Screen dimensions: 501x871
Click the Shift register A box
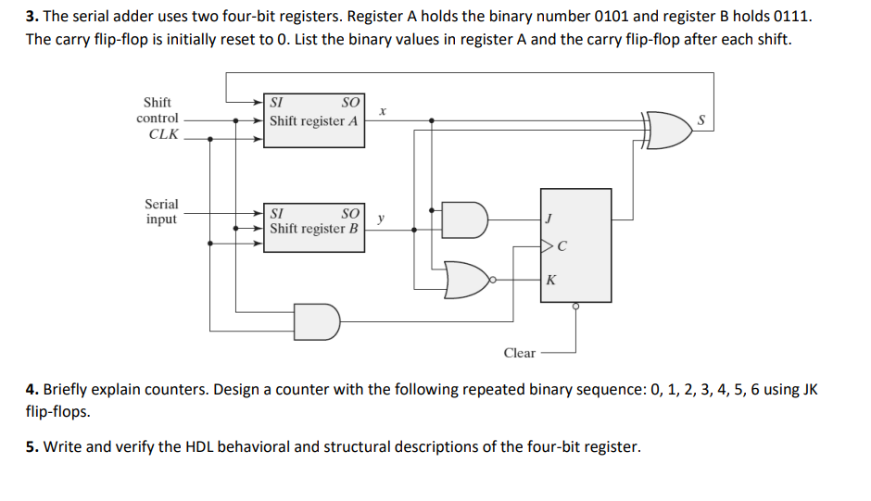(314, 119)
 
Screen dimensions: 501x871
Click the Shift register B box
(314, 227)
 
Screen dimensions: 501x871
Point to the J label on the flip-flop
(550, 219)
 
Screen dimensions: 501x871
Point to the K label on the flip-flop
(551, 280)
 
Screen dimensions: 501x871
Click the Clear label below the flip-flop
(519, 353)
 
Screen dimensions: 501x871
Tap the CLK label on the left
(163, 134)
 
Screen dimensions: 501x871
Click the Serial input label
(161, 211)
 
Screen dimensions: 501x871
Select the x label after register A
(382, 110)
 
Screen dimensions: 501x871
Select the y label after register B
(381, 219)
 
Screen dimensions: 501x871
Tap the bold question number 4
(32, 389)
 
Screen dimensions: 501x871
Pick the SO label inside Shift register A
(350, 103)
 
